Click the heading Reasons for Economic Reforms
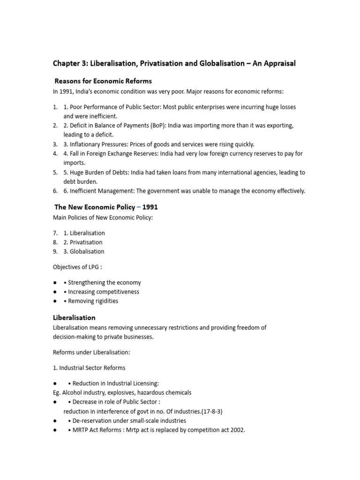[x=103, y=81]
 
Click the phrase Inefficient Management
[x=102, y=191]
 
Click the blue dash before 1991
[x=139, y=207]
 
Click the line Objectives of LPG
[x=79, y=267]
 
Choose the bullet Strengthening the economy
[x=104, y=283]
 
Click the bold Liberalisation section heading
[x=74, y=318]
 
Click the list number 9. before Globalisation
[x=55, y=252]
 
